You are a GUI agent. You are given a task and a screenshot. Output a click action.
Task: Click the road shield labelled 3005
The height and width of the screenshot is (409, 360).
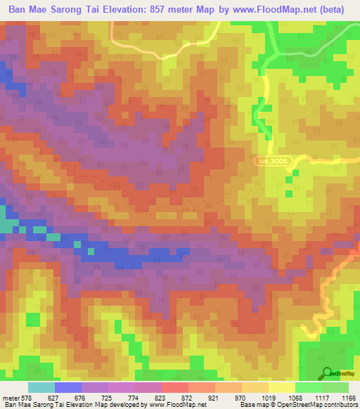[272, 161]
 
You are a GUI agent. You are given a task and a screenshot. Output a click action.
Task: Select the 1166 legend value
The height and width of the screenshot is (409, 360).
[349, 397]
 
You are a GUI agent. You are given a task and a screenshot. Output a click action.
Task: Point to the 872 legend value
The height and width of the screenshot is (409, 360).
[186, 397]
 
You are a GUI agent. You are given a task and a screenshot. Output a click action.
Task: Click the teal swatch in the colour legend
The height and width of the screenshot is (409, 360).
[41, 387]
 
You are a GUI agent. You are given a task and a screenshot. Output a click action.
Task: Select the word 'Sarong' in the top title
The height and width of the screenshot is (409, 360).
[75, 11]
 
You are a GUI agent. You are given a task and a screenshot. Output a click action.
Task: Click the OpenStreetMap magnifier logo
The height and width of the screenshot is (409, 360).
[326, 372]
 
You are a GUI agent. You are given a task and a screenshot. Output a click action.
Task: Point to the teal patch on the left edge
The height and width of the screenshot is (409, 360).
[7, 226]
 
